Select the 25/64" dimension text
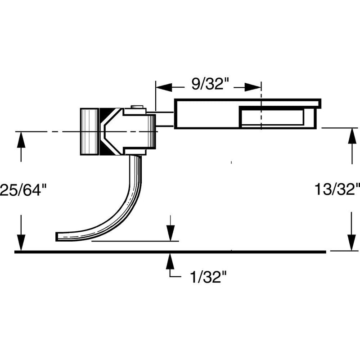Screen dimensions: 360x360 click(23, 189)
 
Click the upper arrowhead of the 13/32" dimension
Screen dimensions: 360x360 click(351, 135)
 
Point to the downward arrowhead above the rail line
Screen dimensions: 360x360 click(170, 235)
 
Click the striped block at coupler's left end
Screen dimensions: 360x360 click(90, 131)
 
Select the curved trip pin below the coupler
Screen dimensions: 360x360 click(121, 207)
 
